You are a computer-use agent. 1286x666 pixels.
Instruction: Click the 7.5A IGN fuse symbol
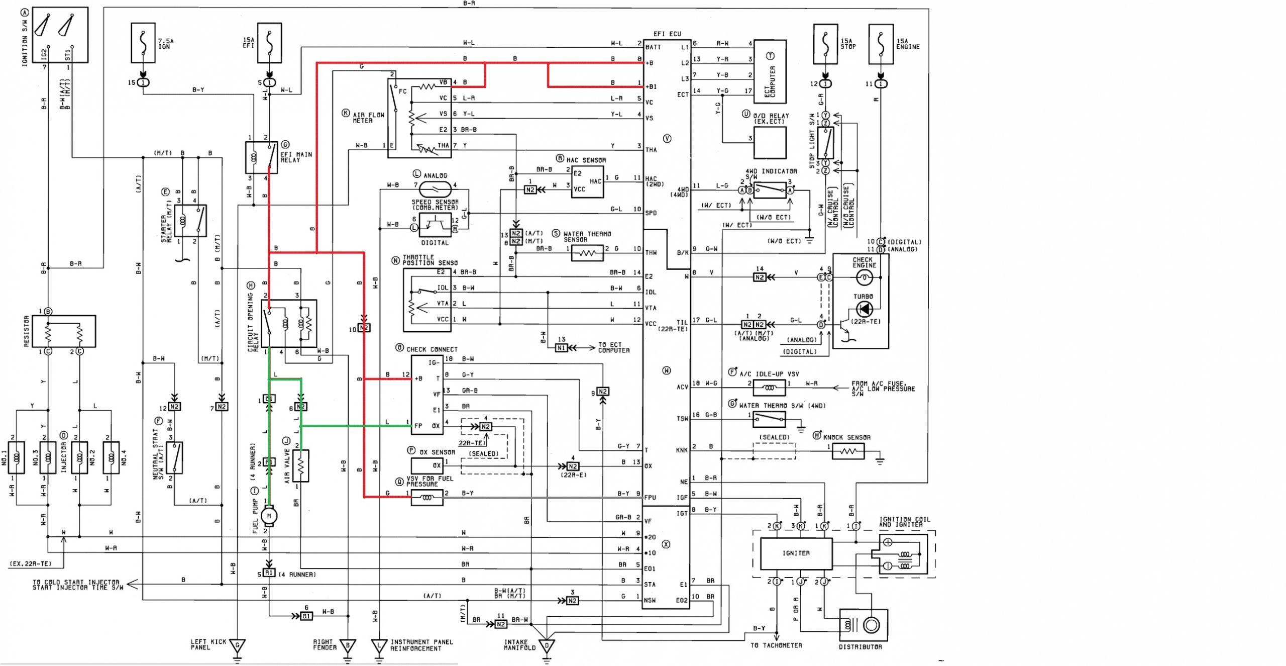pos(143,43)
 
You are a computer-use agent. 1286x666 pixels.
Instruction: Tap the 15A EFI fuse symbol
pos(269,43)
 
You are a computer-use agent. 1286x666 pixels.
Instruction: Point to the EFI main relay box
pos(261,157)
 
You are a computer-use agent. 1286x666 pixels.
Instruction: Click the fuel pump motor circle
pos(269,515)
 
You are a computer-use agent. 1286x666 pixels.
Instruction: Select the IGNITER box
pos(796,553)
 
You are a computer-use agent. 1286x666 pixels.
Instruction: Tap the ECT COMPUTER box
pos(770,72)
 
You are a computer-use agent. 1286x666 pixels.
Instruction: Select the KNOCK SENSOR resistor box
pos(848,451)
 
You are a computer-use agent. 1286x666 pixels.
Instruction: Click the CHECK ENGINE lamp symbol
pos(864,277)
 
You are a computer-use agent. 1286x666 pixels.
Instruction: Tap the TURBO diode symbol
pos(864,309)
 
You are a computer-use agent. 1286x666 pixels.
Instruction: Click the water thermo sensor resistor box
pos(587,253)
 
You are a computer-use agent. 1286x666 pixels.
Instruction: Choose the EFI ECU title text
pos(667,34)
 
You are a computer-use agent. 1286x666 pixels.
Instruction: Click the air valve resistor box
pos(300,466)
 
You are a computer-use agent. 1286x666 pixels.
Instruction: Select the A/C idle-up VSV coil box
pos(769,388)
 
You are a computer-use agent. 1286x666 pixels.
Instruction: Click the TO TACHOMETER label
pos(776,645)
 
